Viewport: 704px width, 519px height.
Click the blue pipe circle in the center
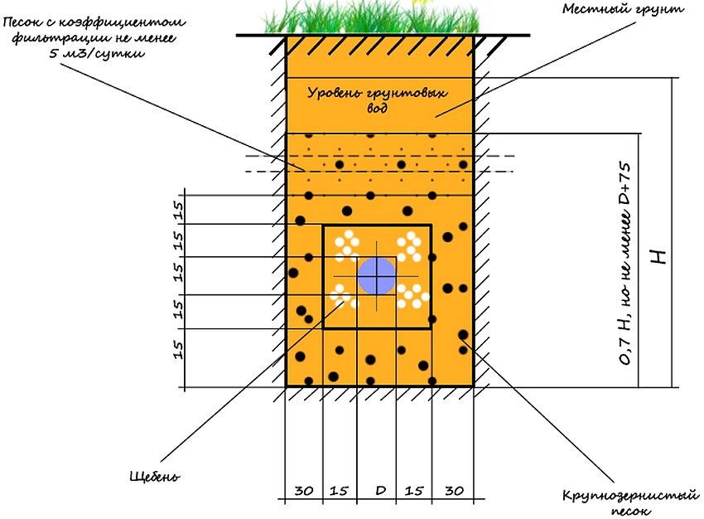(377, 274)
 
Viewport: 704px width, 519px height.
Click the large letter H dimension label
(659, 256)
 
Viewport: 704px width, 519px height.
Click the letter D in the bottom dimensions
(380, 491)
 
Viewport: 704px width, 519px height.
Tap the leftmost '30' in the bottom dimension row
(304, 491)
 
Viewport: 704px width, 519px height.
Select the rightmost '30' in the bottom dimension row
(454, 491)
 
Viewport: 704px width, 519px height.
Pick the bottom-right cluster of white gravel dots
(412, 294)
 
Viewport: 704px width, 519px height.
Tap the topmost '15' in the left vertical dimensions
(176, 207)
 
